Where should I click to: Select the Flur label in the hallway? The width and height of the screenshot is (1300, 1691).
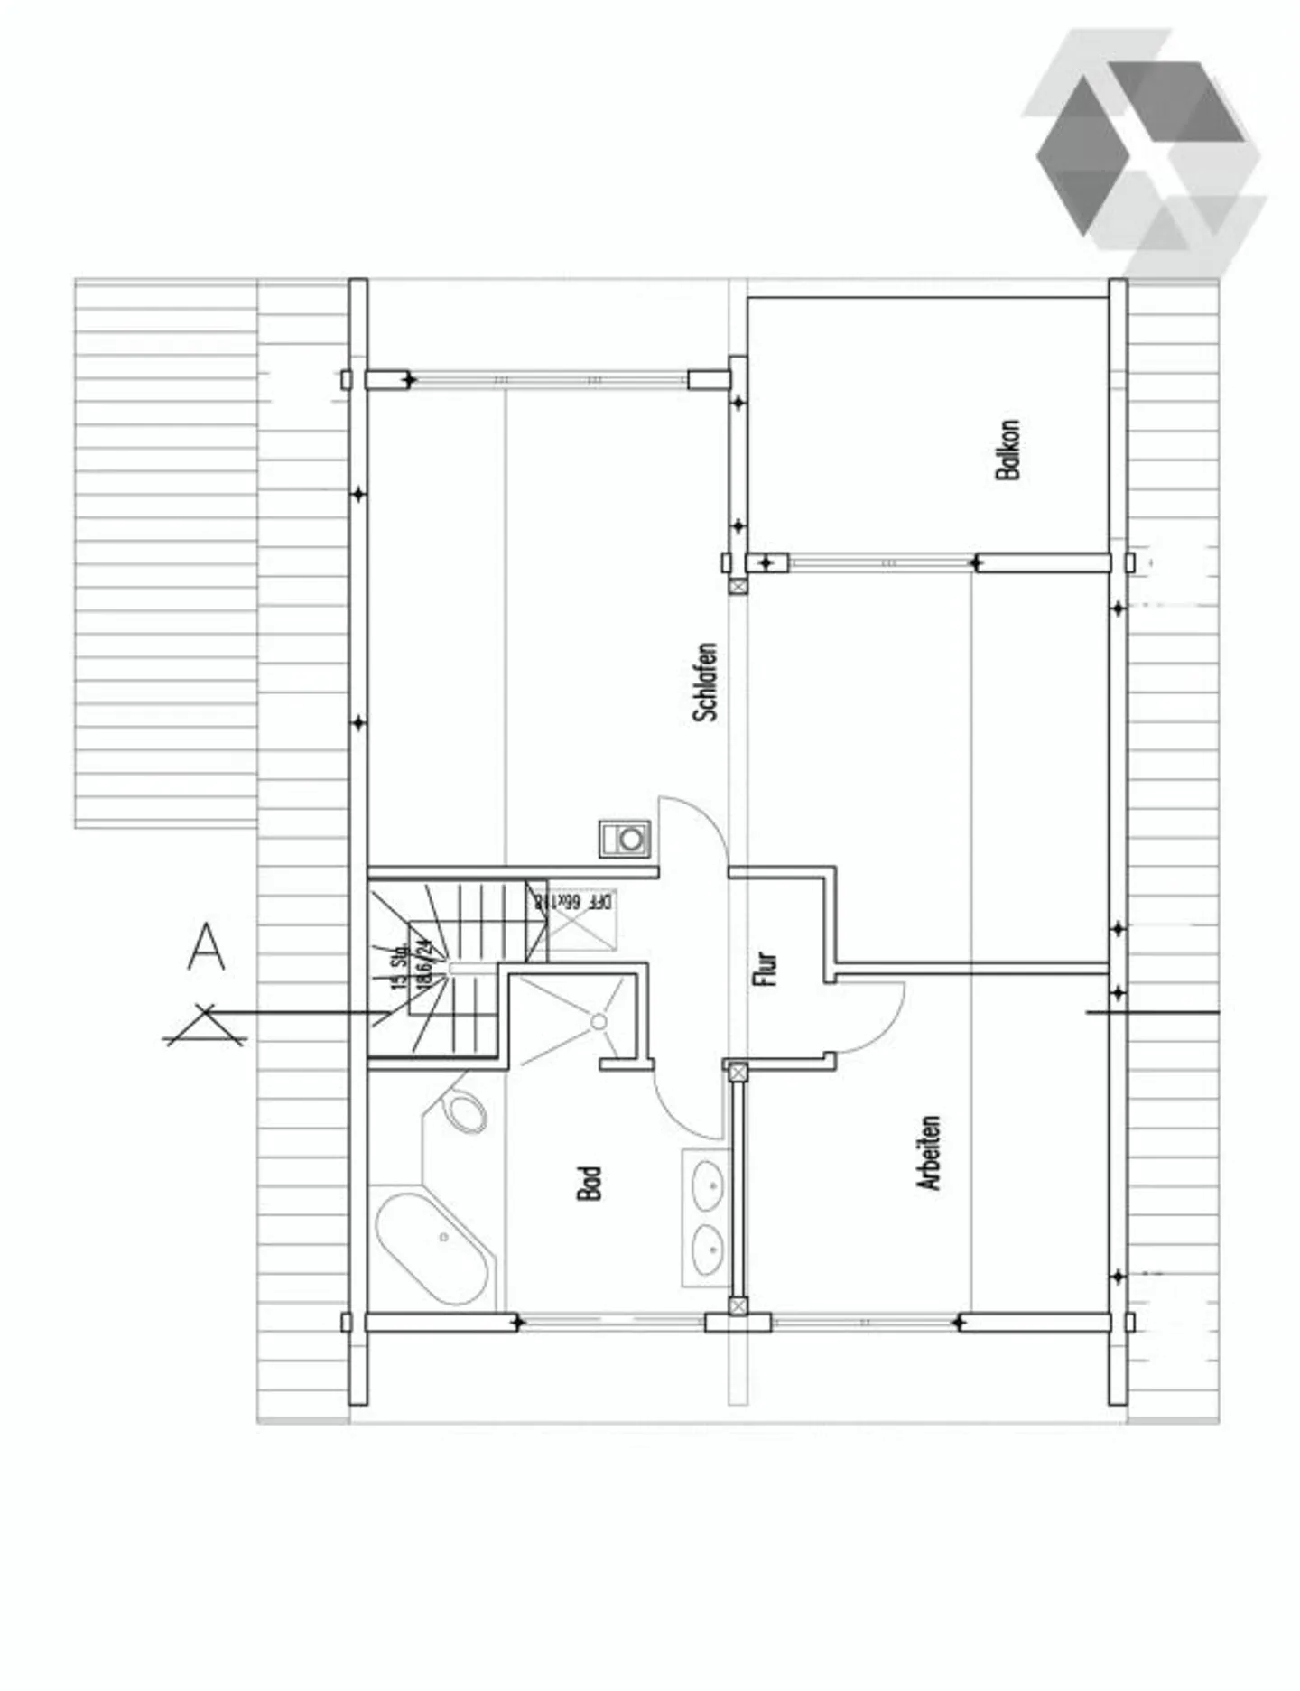coord(765,968)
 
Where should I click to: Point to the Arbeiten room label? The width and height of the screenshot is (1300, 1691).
coord(929,1153)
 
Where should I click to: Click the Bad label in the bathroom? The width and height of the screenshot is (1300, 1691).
coord(589,1183)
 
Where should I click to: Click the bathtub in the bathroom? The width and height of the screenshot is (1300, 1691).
coord(432,1249)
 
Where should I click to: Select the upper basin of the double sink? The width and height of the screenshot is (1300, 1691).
coord(708,1185)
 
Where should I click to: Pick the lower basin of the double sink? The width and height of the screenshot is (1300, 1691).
coord(708,1250)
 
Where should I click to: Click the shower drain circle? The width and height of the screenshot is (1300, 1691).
coord(599,1021)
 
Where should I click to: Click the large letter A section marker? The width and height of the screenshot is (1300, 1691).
coord(206,946)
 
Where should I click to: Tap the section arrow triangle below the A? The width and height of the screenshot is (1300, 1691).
coord(205,1026)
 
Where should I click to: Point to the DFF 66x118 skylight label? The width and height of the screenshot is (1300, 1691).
coord(572,901)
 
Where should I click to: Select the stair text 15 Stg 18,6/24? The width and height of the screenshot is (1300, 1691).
coord(411,966)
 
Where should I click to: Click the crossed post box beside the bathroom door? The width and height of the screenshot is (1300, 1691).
coord(738,1072)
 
